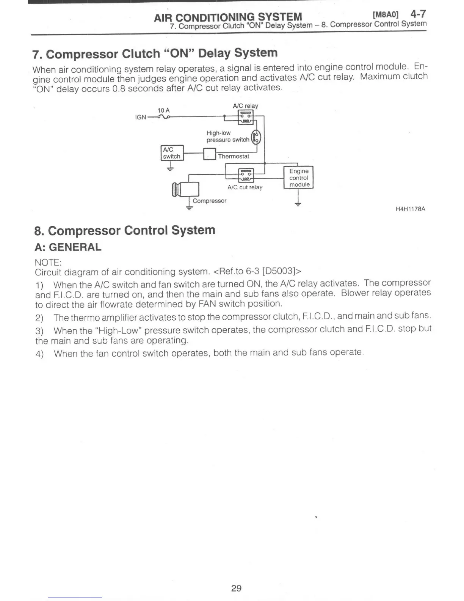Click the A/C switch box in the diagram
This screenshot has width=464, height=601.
click(172, 153)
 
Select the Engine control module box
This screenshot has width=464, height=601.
click(299, 178)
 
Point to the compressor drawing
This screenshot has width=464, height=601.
click(186, 189)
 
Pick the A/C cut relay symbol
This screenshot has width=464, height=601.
click(245, 175)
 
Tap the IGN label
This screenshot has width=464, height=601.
click(140, 117)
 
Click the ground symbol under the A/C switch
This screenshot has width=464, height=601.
click(170, 167)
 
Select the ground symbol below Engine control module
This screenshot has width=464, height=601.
click(298, 204)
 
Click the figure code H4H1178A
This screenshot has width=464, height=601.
click(410, 209)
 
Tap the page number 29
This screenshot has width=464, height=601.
click(236, 588)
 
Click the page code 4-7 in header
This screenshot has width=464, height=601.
click(418, 14)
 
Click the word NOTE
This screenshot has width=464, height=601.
click(48, 263)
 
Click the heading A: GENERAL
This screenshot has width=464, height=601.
click(68, 247)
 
